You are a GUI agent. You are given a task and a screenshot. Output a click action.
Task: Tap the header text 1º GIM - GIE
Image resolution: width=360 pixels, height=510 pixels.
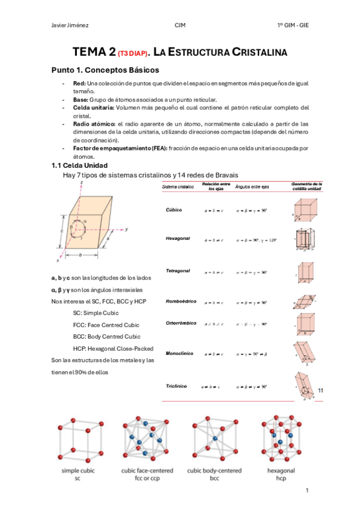[293, 26]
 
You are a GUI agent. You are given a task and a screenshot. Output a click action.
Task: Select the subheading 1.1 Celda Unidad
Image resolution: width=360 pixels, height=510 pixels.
[79, 165]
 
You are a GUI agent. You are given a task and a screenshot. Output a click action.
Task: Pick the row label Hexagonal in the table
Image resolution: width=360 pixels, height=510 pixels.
[178, 239]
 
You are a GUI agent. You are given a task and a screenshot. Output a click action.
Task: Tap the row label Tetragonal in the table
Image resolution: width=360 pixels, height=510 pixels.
[178, 271]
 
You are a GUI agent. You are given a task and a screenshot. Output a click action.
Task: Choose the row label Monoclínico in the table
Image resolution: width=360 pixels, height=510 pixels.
[180, 353]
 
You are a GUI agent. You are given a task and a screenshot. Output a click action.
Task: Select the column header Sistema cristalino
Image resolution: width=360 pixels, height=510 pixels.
[178, 187]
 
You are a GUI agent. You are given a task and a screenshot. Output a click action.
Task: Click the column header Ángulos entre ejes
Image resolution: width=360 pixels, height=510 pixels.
[252, 187]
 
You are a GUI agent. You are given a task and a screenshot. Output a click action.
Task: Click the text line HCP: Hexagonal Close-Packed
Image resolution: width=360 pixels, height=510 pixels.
[113, 348]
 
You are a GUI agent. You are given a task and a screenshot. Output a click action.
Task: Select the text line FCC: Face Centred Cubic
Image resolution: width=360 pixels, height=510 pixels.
[106, 325]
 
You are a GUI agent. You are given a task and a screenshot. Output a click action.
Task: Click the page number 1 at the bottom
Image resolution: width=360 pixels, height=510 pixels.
[307, 491]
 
